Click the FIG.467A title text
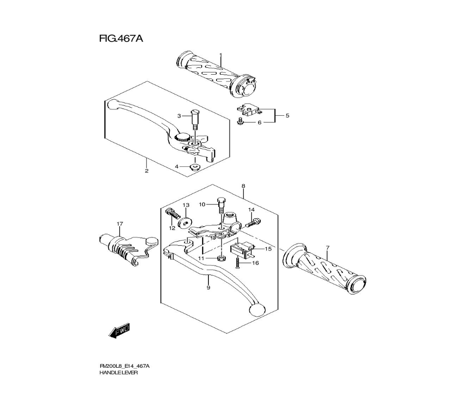[121, 39]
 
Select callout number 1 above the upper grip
[221, 56]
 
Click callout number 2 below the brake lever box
[146, 171]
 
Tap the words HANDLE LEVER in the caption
[118, 373]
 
